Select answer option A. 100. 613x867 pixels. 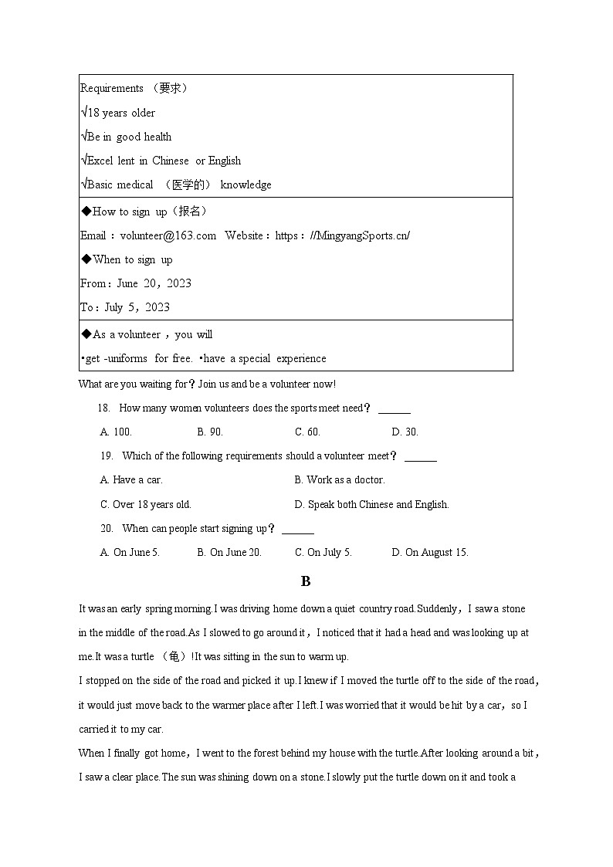[116, 432]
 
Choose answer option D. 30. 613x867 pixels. [405, 432]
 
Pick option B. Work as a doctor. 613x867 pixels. [339, 479]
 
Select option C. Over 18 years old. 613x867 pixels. [145, 504]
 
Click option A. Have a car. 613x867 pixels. [131, 479]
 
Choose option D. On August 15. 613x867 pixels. [430, 552]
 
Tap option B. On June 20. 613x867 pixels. [229, 552]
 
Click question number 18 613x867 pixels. [104, 408]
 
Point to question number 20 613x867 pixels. [107, 528]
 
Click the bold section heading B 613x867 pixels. [306, 581]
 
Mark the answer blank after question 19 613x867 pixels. [421, 457]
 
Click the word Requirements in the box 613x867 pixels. [112, 88]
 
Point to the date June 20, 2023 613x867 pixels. [154, 283]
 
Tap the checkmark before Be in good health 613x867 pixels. [83, 137]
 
